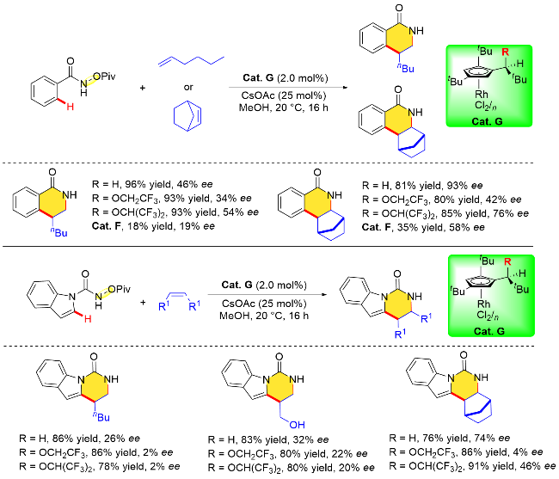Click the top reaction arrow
point(288,88)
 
